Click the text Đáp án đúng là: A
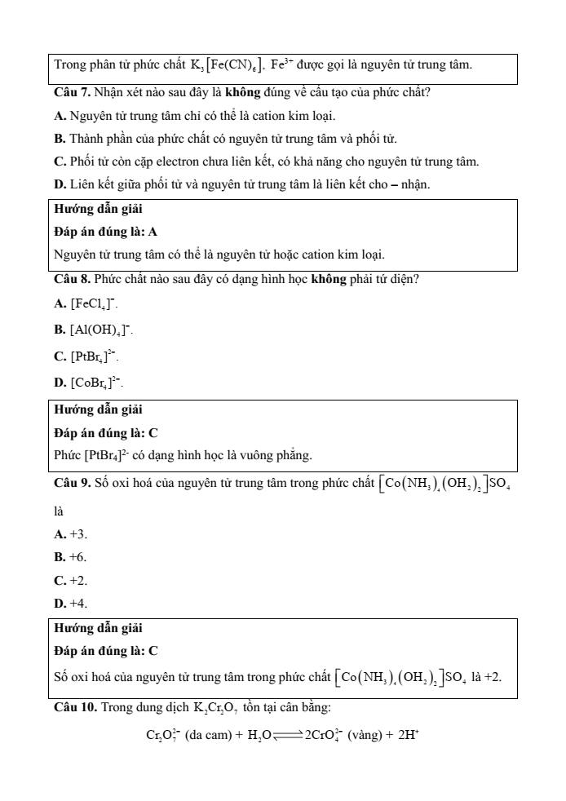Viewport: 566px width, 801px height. click(105, 232)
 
